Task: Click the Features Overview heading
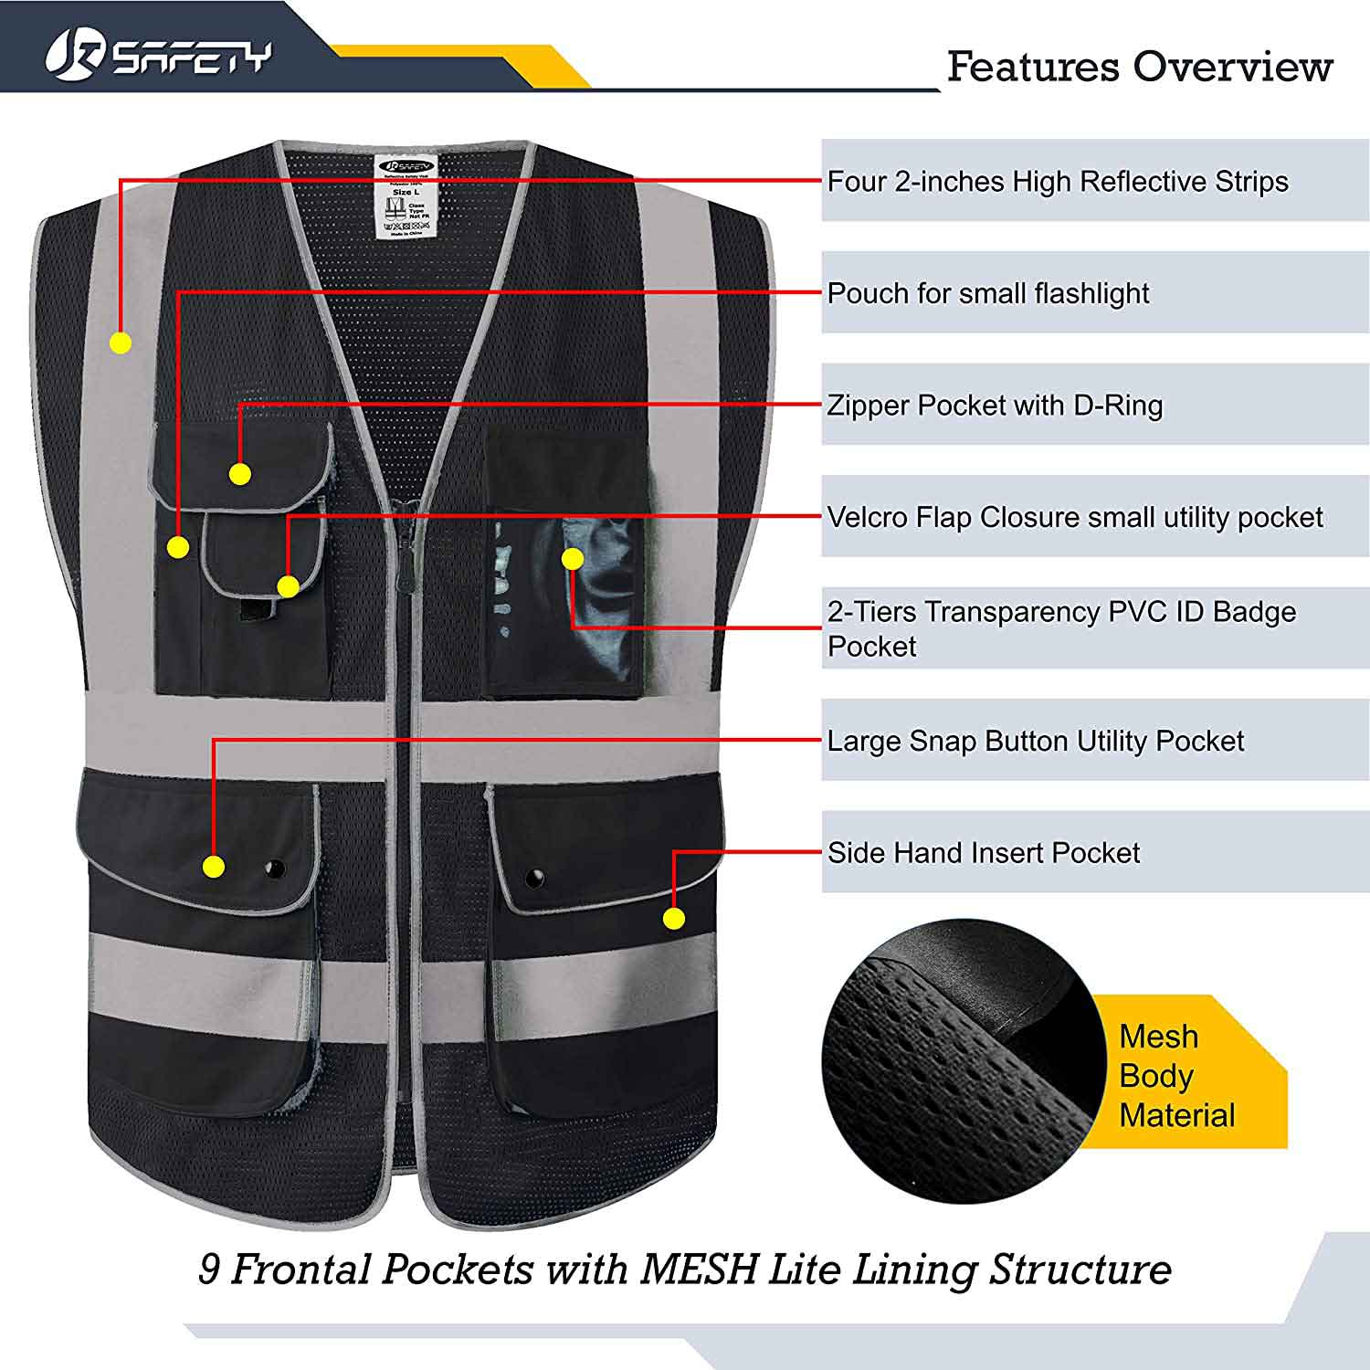pos(1139,67)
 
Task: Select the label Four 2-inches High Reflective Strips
pos(1057,182)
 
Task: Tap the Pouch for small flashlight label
pos(987,293)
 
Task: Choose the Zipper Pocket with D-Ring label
pos(995,406)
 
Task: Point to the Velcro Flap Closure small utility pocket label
pos(1074,518)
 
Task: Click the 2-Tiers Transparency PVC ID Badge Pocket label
pos(1060,628)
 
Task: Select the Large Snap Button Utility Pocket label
pos(1035,741)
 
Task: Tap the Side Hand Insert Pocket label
pos(983,853)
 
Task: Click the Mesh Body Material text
pos(1176,1076)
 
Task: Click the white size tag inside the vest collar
pos(406,197)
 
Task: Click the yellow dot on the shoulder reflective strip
pos(121,343)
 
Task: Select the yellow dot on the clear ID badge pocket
pos(573,559)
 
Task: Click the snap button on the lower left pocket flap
pos(273,867)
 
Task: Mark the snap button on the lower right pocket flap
pos(534,879)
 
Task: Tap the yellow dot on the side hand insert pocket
pos(674,919)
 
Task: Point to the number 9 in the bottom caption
pos(209,1270)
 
